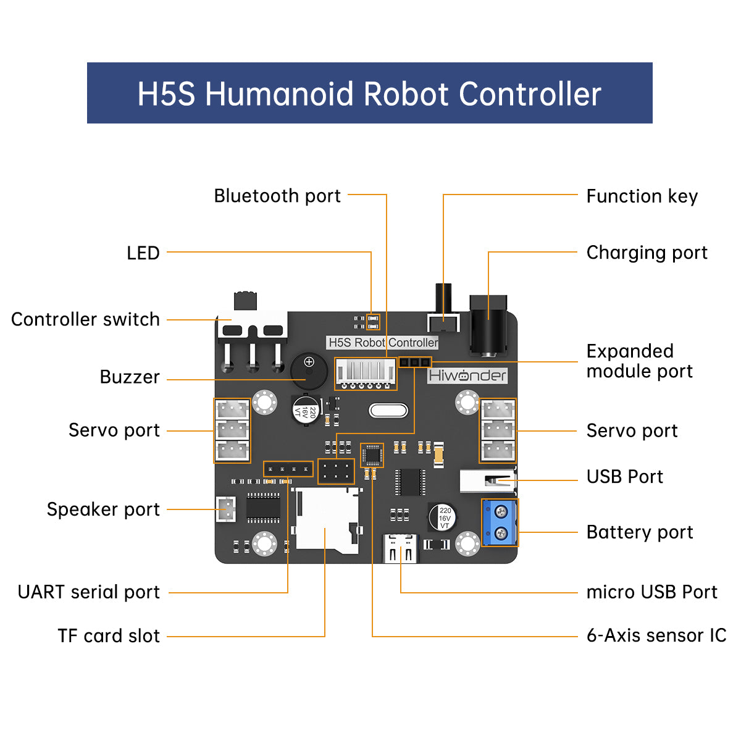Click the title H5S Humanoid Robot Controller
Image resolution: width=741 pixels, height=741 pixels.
point(369,94)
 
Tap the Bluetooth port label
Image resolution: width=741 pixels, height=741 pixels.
point(277,196)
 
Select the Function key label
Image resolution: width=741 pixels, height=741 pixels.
point(642,196)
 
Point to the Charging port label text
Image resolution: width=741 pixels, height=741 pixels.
point(647,253)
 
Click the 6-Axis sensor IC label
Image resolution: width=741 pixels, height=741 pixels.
point(656,635)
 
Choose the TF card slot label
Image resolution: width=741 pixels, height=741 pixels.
point(109,636)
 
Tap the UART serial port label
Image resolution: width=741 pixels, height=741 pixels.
point(89,592)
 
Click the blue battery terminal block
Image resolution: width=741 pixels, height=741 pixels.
point(500,522)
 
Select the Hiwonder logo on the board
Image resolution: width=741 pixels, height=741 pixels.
point(467,375)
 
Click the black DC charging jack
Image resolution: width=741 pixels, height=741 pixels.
point(488,326)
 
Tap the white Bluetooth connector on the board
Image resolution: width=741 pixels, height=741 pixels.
point(366,373)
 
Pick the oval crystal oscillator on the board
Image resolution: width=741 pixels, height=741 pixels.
point(388,411)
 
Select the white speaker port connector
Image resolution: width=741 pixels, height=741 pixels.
point(226,509)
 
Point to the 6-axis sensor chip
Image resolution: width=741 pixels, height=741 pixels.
point(372,455)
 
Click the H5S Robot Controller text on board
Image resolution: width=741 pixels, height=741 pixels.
point(383,343)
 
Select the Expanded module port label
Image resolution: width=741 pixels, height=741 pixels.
point(639,361)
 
